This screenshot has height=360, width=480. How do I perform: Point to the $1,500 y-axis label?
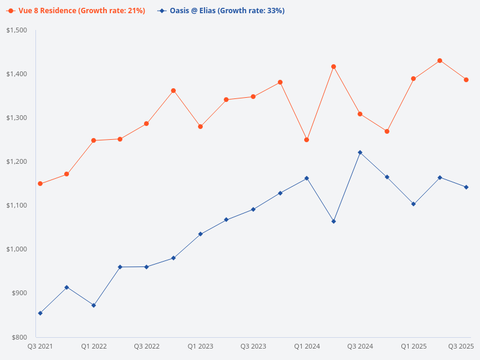[x=17, y=30]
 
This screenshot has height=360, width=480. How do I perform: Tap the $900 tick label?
[x=20, y=293]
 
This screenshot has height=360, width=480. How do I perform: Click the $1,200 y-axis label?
[x=17, y=161]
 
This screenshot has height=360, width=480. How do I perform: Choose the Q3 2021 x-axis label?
[x=40, y=346]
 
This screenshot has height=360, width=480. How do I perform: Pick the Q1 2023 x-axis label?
[x=200, y=346]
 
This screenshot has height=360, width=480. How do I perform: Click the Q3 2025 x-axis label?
[x=461, y=346]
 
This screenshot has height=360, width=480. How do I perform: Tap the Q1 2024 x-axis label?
[x=307, y=346]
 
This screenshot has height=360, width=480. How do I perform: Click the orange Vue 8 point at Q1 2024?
[x=307, y=140]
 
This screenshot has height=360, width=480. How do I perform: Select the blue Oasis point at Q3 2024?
[x=360, y=152]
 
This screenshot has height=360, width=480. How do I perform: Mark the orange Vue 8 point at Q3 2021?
[x=40, y=184]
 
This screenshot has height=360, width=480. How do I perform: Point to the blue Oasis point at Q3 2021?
[x=40, y=313]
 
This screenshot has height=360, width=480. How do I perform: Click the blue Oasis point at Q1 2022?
[x=94, y=305]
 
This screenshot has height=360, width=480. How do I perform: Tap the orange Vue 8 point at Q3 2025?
[x=466, y=80]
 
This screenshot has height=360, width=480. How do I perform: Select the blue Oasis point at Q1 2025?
[x=413, y=204]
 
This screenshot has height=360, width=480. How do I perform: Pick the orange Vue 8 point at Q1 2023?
[x=200, y=127]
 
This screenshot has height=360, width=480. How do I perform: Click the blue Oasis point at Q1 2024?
[x=307, y=178]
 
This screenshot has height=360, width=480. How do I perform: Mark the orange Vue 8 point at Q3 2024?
[x=360, y=114]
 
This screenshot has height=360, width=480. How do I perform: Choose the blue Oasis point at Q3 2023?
[x=253, y=209]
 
